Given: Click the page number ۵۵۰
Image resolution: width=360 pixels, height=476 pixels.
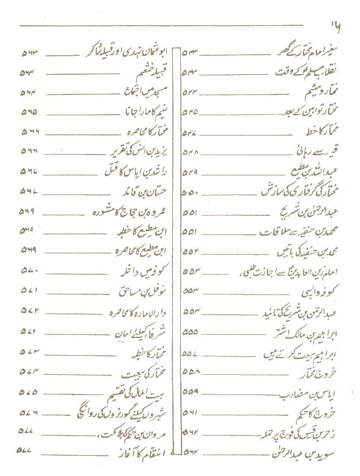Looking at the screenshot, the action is [190, 193].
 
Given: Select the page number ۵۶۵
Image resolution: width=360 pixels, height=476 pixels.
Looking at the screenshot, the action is [29, 113].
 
